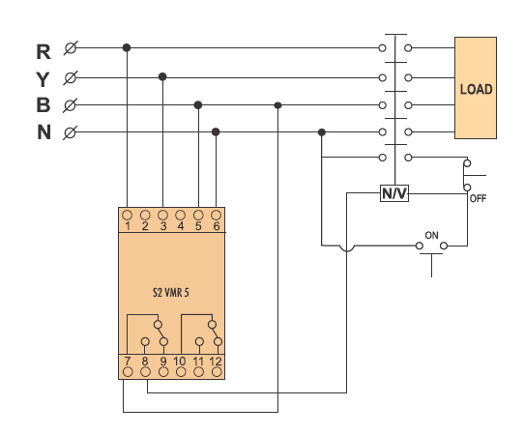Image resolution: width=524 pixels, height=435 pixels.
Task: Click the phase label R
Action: (x=44, y=52)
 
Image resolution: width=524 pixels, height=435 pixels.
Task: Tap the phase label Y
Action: (x=43, y=79)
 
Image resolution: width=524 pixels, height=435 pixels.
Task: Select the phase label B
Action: (x=44, y=105)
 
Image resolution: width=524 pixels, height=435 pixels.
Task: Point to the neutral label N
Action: (x=44, y=132)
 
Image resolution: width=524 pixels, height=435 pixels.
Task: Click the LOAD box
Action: (x=476, y=88)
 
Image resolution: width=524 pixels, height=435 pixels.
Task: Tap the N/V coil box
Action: (x=394, y=193)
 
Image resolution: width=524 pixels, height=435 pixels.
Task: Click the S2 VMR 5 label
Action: (x=171, y=293)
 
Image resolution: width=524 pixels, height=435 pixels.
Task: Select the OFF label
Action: (x=478, y=198)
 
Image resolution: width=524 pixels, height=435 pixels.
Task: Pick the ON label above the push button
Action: (x=431, y=235)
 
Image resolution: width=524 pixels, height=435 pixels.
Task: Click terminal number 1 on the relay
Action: (x=128, y=226)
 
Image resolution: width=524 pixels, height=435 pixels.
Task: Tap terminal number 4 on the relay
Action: (x=181, y=226)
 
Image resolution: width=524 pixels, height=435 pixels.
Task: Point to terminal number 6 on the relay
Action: (x=217, y=226)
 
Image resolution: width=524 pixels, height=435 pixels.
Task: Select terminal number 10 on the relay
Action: (x=180, y=362)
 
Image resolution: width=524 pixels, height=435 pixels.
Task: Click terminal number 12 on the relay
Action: (x=216, y=362)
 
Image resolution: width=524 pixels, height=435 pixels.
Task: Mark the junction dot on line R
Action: (x=127, y=47)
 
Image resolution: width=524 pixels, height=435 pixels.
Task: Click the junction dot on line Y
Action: (x=162, y=76)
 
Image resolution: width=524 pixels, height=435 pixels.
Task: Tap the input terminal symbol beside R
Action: (x=71, y=48)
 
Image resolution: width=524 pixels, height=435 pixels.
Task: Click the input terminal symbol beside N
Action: (x=70, y=132)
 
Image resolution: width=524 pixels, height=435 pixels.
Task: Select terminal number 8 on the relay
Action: (x=145, y=362)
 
